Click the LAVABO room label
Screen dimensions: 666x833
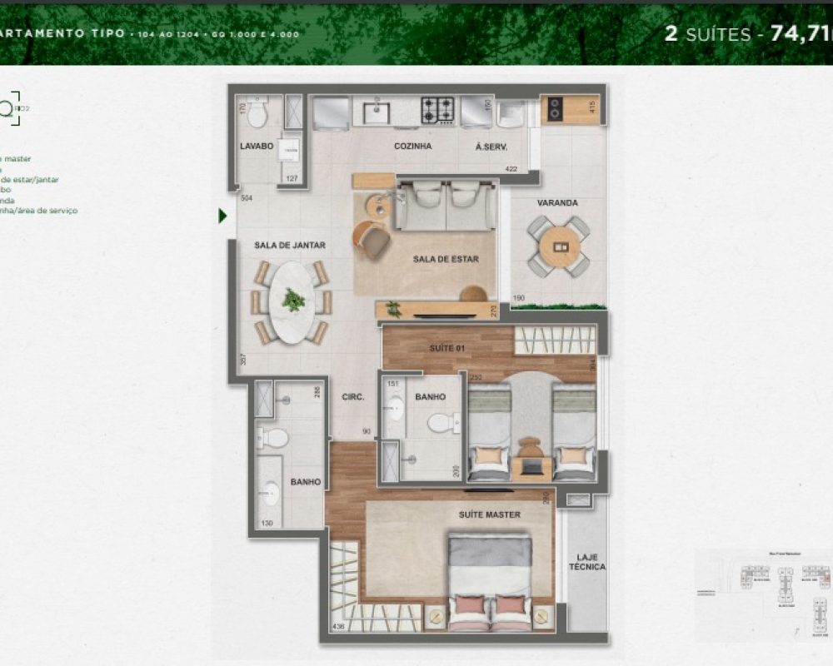point(257,146)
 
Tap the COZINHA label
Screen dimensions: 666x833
point(412,146)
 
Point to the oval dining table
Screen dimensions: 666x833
point(292,301)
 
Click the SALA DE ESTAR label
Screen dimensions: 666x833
point(445,259)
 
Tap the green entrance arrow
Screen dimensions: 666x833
point(222,216)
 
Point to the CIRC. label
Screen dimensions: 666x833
point(353,397)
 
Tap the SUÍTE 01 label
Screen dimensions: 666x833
point(446,347)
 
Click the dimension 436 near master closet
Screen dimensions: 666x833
point(338,625)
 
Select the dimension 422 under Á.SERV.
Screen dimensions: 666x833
point(510,170)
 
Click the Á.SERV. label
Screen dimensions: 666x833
point(491,147)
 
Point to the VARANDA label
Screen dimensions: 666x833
point(557,202)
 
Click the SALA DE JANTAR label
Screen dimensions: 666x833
point(289,245)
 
